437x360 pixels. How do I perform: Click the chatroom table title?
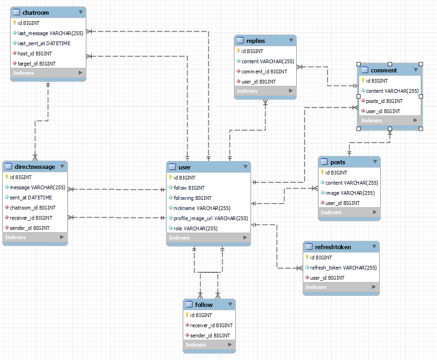pyautogui.click(x=36, y=12)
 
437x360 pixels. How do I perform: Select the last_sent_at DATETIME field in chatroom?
pyautogui.click(x=44, y=43)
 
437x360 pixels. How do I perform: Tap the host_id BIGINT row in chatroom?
pyautogui.click(x=35, y=54)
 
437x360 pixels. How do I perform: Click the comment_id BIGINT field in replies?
pyautogui.click(x=264, y=72)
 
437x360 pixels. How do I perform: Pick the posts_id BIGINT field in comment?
pyautogui.click(x=384, y=101)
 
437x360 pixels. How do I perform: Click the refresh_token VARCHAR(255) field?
pyautogui.click(x=343, y=268)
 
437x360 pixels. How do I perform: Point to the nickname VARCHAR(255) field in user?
pyautogui.click(x=202, y=208)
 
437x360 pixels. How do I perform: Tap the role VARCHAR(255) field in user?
pyautogui.click(x=195, y=228)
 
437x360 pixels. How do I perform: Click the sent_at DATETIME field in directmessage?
pyautogui.click(x=31, y=198)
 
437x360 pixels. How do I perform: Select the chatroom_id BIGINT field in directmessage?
pyautogui.click(x=33, y=208)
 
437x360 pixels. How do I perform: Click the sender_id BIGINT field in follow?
pyautogui.click(x=210, y=336)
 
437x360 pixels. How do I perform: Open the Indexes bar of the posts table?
pyautogui.click(x=331, y=212)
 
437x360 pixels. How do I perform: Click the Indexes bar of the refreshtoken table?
pyautogui.click(x=316, y=287)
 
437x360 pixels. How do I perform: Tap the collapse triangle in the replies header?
pyautogui.click(x=291, y=41)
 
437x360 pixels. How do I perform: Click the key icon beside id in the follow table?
pyautogui.click(x=187, y=315)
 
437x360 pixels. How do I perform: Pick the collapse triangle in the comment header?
pyautogui.click(x=416, y=70)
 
